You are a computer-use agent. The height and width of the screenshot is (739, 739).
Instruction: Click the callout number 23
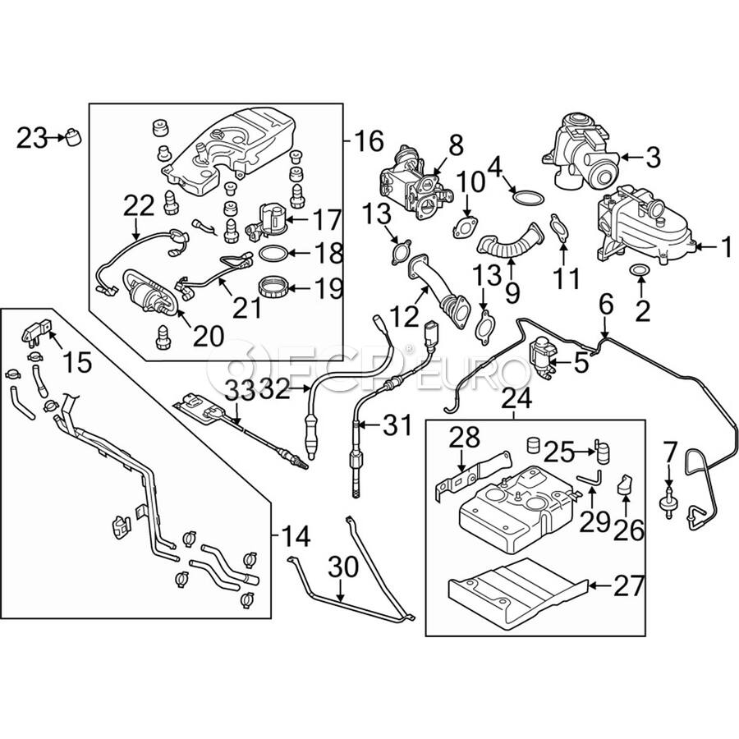pyautogui.click(x=32, y=139)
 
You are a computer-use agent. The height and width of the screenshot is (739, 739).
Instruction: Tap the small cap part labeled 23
pyautogui.click(x=76, y=136)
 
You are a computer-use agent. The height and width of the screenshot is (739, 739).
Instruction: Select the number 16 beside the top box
pyautogui.click(x=369, y=141)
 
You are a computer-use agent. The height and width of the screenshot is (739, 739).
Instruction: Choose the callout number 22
pyautogui.click(x=140, y=205)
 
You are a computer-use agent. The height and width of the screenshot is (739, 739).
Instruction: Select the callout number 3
pyautogui.click(x=652, y=155)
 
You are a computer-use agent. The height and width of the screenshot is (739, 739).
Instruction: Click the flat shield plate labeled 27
pyautogui.click(x=517, y=585)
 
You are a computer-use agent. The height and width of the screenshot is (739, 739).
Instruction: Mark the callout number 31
pyautogui.click(x=397, y=426)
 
